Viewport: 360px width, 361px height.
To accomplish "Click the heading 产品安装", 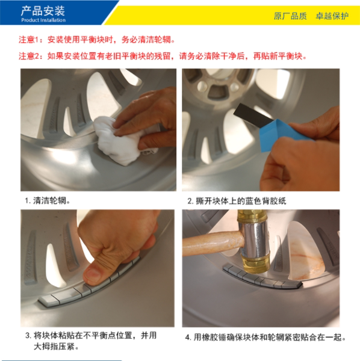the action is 43,11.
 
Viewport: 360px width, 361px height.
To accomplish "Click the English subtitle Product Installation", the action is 43,20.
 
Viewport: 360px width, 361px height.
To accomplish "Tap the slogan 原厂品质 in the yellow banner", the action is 290,16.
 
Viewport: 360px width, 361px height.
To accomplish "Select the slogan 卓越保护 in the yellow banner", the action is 332,16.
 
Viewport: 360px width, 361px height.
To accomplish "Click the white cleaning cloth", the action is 120,140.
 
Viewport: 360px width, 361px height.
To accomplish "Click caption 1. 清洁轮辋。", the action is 48,201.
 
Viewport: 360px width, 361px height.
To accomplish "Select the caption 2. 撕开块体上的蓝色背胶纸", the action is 237,201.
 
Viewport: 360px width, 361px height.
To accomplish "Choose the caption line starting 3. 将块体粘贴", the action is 91,335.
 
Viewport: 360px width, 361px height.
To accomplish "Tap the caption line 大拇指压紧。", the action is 56,347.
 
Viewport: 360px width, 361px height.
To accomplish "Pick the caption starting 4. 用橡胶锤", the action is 265,338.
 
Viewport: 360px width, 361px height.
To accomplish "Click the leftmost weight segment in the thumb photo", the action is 49,301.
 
